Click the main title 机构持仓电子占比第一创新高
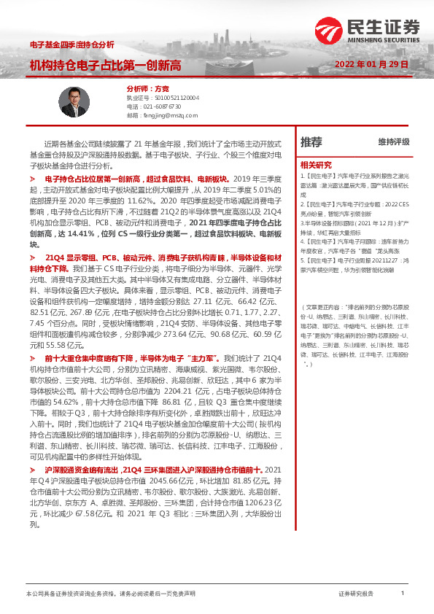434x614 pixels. (105, 65)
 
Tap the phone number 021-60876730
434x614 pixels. (159, 106)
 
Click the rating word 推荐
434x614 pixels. (311, 142)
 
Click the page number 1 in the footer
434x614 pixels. (403, 594)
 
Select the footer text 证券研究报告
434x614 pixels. (356, 594)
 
